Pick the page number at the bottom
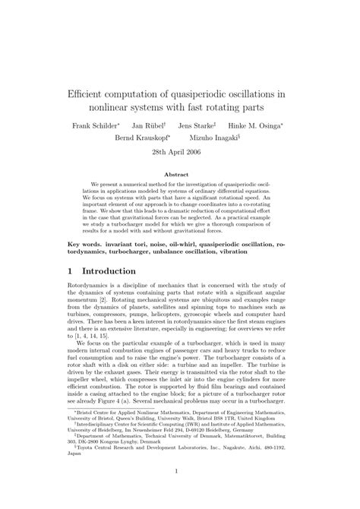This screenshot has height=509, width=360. click(x=180, y=492)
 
